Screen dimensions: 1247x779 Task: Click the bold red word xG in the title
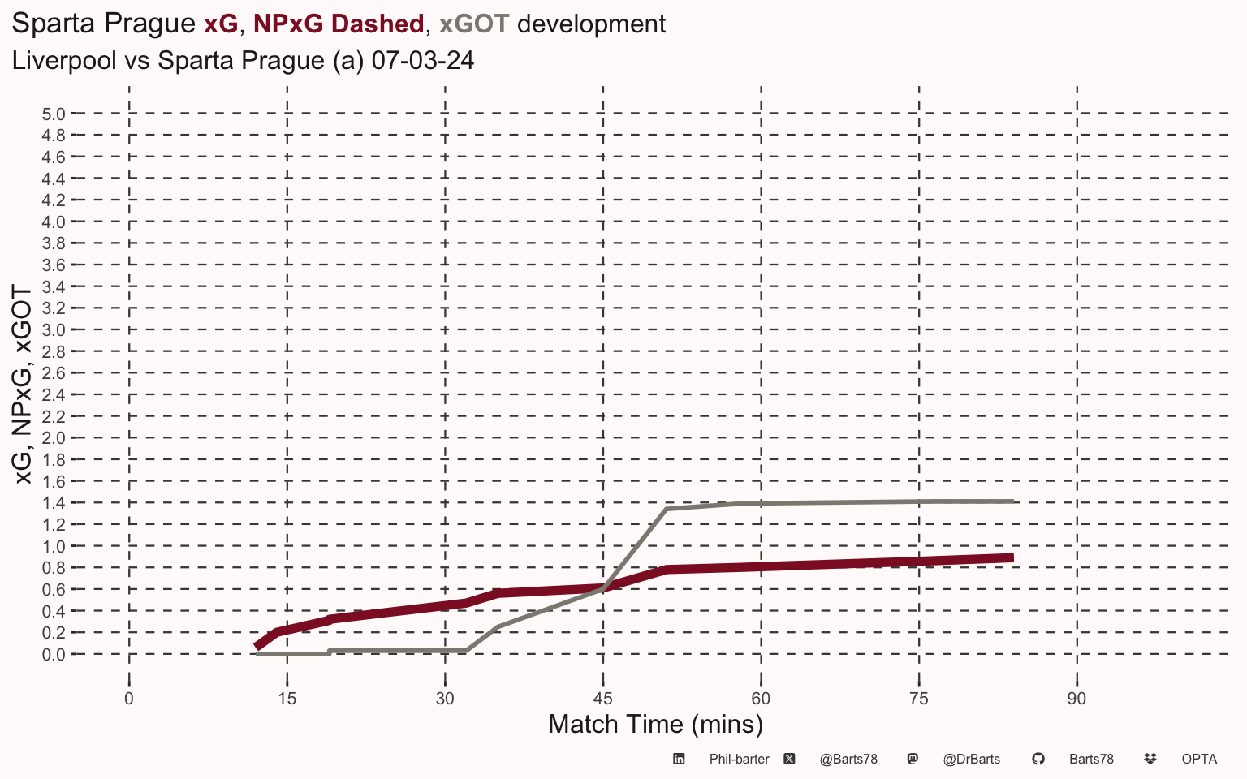pyautogui.click(x=221, y=24)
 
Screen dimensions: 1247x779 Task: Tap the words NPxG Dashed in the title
pyautogui.click(x=339, y=24)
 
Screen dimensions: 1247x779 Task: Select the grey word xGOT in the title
pyautogui.click(x=474, y=24)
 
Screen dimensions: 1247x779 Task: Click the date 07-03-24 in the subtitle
pyautogui.click(x=423, y=60)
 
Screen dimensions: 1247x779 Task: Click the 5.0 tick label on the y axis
pyautogui.click(x=54, y=114)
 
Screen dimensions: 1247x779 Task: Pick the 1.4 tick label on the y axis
pyautogui.click(x=54, y=503)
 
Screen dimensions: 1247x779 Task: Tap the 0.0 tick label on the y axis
pyautogui.click(x=54, y=654)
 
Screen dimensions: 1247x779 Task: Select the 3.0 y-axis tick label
pyautogui.click(x=54, y=330)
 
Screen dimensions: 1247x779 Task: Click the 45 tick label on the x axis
pyautogui.click(x=603, y=699)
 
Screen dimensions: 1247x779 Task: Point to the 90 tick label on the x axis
pyautogui.click(x=1077, y=699)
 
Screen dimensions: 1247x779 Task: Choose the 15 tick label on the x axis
pyautogui.click(x=287, y=699)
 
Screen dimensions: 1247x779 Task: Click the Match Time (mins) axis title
pyautogui.click(x=655, y=725)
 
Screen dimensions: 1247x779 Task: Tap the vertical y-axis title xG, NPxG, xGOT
pyautogui.click(x=23, y=385)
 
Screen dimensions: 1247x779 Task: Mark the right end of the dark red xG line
pyautogui.click(x=1013, y=557)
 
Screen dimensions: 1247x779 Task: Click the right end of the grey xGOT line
pyautogui.click(x=1013, y=501)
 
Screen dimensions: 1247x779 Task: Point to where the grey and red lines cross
pyautogui.click(x=605, y=587)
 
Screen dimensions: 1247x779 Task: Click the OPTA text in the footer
pyautogui.click(x=1199, y=760)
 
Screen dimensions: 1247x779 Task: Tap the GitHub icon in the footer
pyautogui.click(x=1038, y=759)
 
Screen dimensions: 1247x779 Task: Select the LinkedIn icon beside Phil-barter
pyautogui.click(x=679, y=759)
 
